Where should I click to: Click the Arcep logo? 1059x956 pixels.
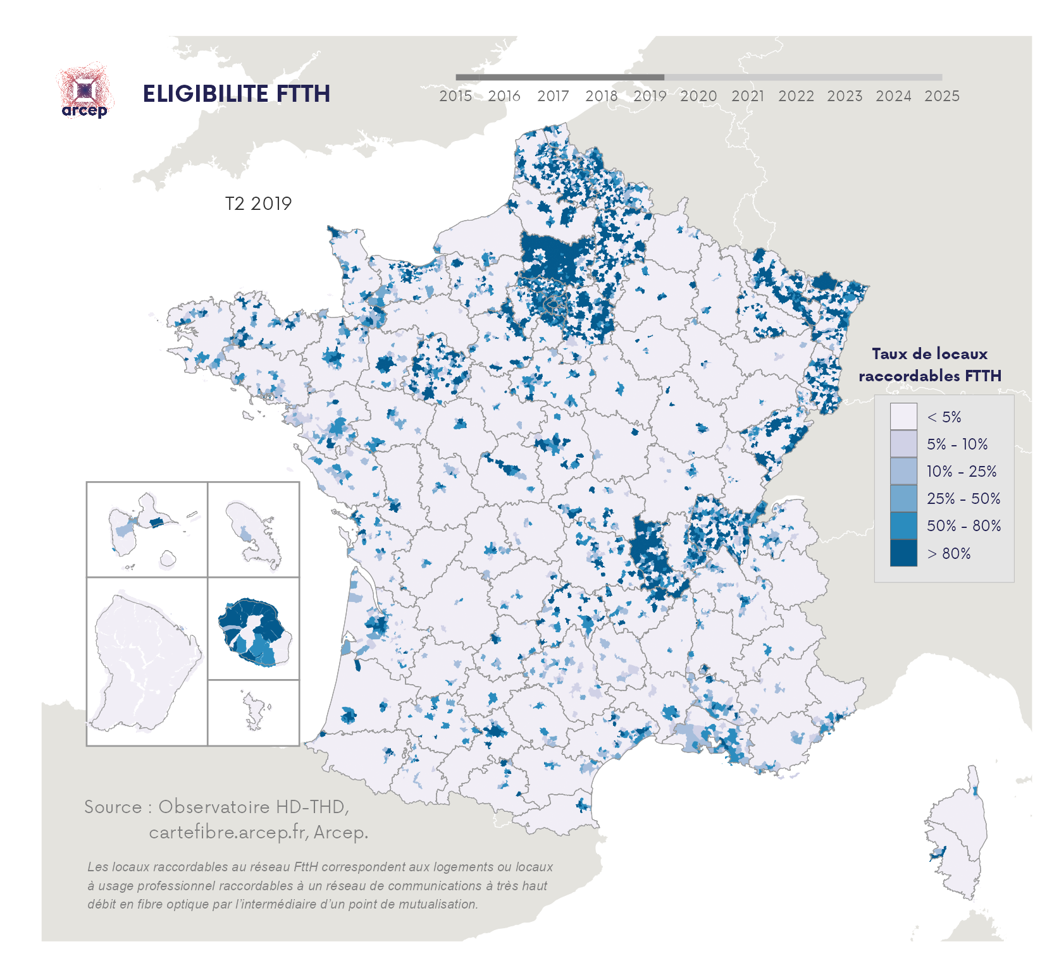85,92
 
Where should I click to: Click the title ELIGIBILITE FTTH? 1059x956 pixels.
236,94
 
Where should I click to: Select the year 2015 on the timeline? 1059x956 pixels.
455,96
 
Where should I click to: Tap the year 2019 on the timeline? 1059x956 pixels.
650,96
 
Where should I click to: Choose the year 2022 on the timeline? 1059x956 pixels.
796,96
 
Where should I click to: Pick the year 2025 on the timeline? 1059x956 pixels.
942,96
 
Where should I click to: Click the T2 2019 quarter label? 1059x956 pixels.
258,204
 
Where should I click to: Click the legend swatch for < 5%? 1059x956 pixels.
903,417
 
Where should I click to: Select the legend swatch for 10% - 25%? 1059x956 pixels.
903,471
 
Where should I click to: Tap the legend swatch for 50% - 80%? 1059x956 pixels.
903,525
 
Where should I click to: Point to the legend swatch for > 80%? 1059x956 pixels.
903,553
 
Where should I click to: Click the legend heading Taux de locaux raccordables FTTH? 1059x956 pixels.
929,365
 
